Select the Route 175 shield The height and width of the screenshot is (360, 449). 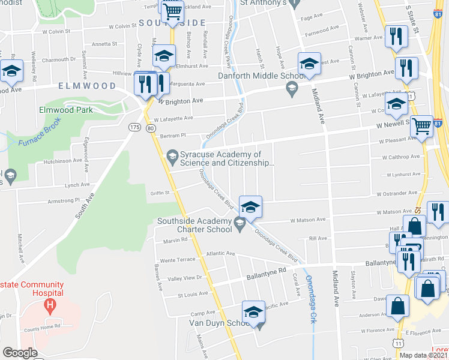(134, 127)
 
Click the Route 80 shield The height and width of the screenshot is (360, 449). (150, 128)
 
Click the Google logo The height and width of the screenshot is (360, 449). (20, 353)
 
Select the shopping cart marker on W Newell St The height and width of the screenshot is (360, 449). (422, 126)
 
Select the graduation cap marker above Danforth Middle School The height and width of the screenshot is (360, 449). (309, 64)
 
